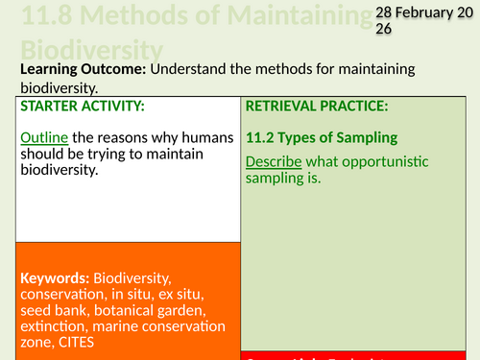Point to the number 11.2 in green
260,138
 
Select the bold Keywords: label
57,277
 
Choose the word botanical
120,310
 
